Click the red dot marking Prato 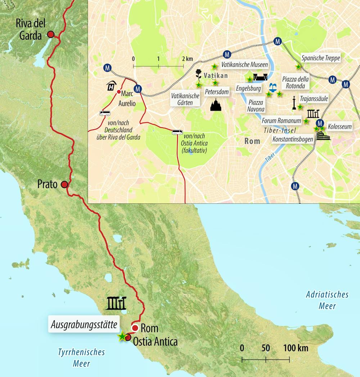[x=64, y=185]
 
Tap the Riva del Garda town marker [x=51, y=34]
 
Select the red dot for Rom [x=135, y=328]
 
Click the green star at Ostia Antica [x=122, y=337]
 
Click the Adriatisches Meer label [x=327, y=300]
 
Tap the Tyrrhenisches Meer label [x=81, y=358]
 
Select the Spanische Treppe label [x=321, y=58]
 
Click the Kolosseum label [x=339, y=127]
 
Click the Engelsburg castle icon [x=261, y=77]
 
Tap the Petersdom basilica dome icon [x=216, y=105]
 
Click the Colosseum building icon [x=323, y=136]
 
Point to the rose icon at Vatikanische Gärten [x=198, y=75]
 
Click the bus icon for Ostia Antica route [x=177, y=133]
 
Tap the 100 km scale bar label [x=295, y=349]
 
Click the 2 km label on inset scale [x=187, y=58]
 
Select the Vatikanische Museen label [x=245, y=65]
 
